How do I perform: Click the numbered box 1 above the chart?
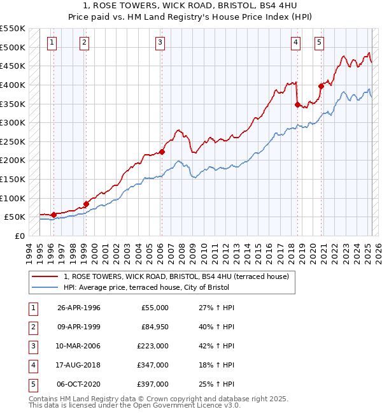coord(52,43)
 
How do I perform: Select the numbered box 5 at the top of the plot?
coord(319,43)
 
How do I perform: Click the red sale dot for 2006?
coord(162,152)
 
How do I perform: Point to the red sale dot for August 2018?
coord(297,105)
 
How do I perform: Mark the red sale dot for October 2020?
coord(321,87)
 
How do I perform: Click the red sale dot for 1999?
coord(86,204)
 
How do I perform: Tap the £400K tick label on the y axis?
coord(13,85)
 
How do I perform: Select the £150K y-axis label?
coord(13,179)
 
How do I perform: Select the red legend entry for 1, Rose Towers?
coord(176,276)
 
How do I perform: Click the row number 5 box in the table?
coord(32,384)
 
